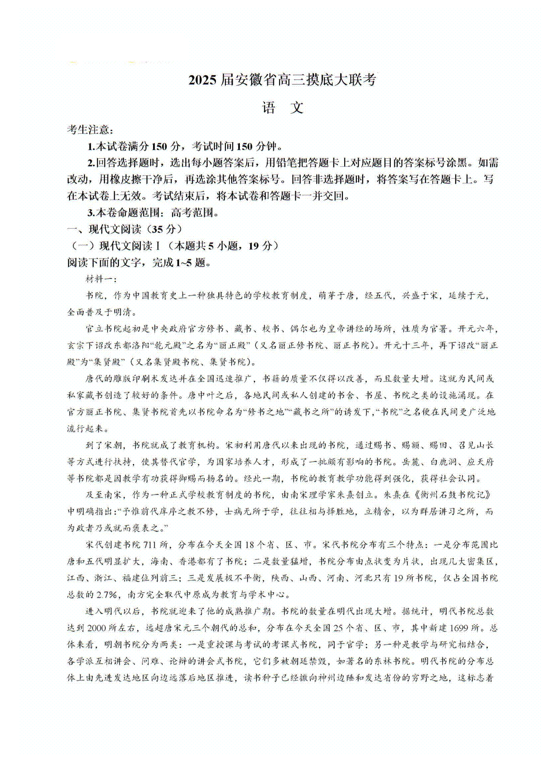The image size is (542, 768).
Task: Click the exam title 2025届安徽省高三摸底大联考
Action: pyautogui.click(x=282, y=80)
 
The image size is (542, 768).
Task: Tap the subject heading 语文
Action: pyautogui.click(x=283, y=108)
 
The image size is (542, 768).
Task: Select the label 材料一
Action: pyautogui.click(x=100, y=279)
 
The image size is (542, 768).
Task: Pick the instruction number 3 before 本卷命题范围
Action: pyautogui.click(x=91, y=212)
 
